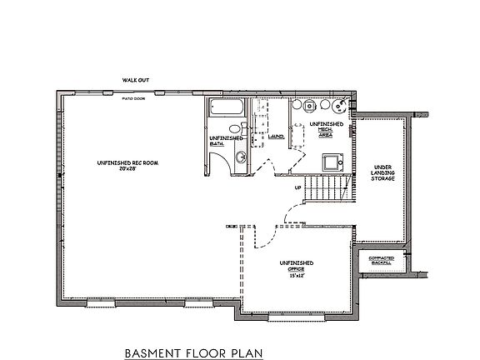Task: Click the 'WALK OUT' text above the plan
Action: coord(136,80)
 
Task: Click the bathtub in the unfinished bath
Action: coord(224,108)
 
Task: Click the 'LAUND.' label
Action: coord(277,136)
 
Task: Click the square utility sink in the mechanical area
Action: coord(328,161)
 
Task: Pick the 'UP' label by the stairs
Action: coord(297,187)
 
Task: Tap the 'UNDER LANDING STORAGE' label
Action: coord(382,172)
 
